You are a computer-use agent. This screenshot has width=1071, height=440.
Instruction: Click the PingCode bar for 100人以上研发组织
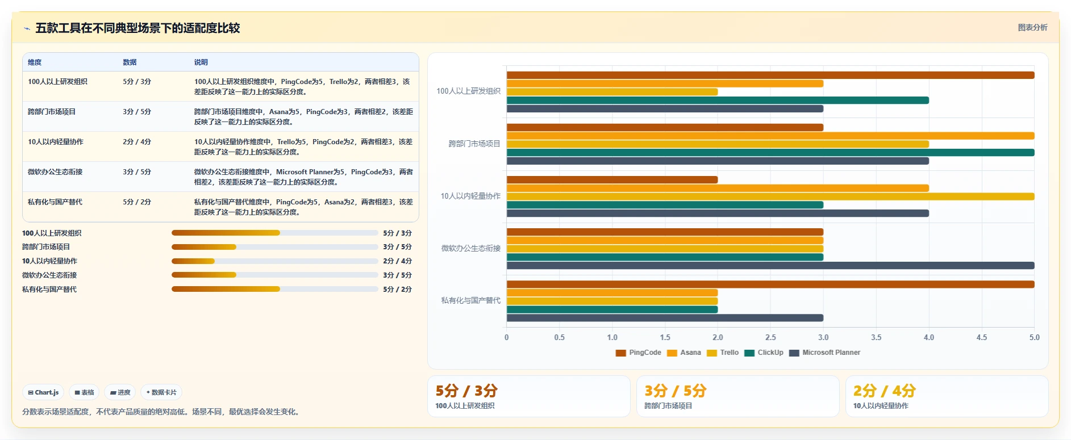770,75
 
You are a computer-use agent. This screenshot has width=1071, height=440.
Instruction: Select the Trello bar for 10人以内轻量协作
770,196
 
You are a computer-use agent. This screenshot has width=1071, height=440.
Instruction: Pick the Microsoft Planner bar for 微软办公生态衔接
770,266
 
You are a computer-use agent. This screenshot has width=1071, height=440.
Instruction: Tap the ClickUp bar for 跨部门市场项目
770,153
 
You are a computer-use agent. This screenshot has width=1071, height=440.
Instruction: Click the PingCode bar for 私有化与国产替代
770,284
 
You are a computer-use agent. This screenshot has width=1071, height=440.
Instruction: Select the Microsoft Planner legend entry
824,353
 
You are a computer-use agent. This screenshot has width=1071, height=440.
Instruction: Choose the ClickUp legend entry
764,353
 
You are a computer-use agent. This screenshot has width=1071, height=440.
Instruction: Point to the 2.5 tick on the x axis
770,337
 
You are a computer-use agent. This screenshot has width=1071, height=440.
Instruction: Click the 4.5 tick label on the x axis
982,337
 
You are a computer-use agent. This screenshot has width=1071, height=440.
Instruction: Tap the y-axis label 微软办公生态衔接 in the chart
471,248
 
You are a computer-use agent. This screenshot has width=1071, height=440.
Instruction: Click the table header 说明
201,62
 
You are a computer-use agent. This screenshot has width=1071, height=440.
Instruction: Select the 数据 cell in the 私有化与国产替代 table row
137,202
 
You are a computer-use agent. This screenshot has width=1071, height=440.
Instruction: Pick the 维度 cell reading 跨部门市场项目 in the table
52,112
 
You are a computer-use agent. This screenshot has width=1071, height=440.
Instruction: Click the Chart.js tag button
44,392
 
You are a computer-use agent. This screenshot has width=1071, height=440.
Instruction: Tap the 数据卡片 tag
161,392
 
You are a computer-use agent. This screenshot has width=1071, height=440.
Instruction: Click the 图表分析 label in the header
1032,27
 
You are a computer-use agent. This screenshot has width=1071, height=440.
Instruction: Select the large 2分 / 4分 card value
885,391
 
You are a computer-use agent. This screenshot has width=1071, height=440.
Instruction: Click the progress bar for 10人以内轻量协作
275,261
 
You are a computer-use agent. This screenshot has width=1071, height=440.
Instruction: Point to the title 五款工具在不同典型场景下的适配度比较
137,28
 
